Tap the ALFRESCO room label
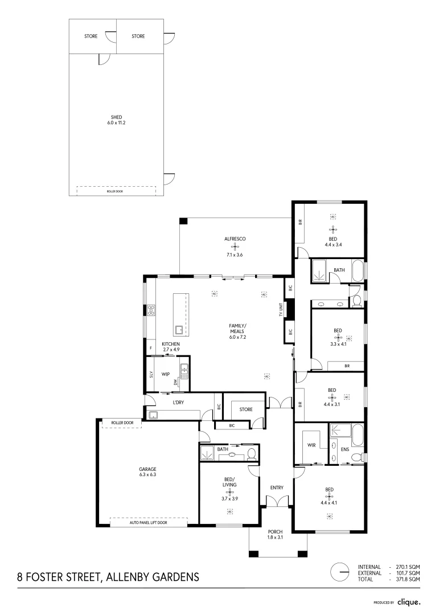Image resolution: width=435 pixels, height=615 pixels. click(234, 239)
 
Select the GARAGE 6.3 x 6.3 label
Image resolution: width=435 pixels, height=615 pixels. click(147, 471)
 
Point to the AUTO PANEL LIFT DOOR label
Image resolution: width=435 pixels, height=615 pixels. click(148, 522)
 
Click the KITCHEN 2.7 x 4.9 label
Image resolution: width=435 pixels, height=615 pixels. click(171, 347)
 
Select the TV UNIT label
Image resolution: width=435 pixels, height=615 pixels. click(280, 310)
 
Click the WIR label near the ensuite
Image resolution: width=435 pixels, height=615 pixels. click(311, 445)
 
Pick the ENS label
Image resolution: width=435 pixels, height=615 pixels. click(344, 449)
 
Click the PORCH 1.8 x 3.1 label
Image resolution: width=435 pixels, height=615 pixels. click(275, 535)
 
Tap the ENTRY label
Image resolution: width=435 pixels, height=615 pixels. click(277, 487)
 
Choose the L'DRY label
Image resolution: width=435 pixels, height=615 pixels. click(179, 403)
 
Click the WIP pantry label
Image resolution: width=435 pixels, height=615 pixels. click(166, 374)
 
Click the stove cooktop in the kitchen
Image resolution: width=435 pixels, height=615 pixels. click(151, 310)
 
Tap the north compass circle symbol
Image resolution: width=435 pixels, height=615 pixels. click(340, 572)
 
